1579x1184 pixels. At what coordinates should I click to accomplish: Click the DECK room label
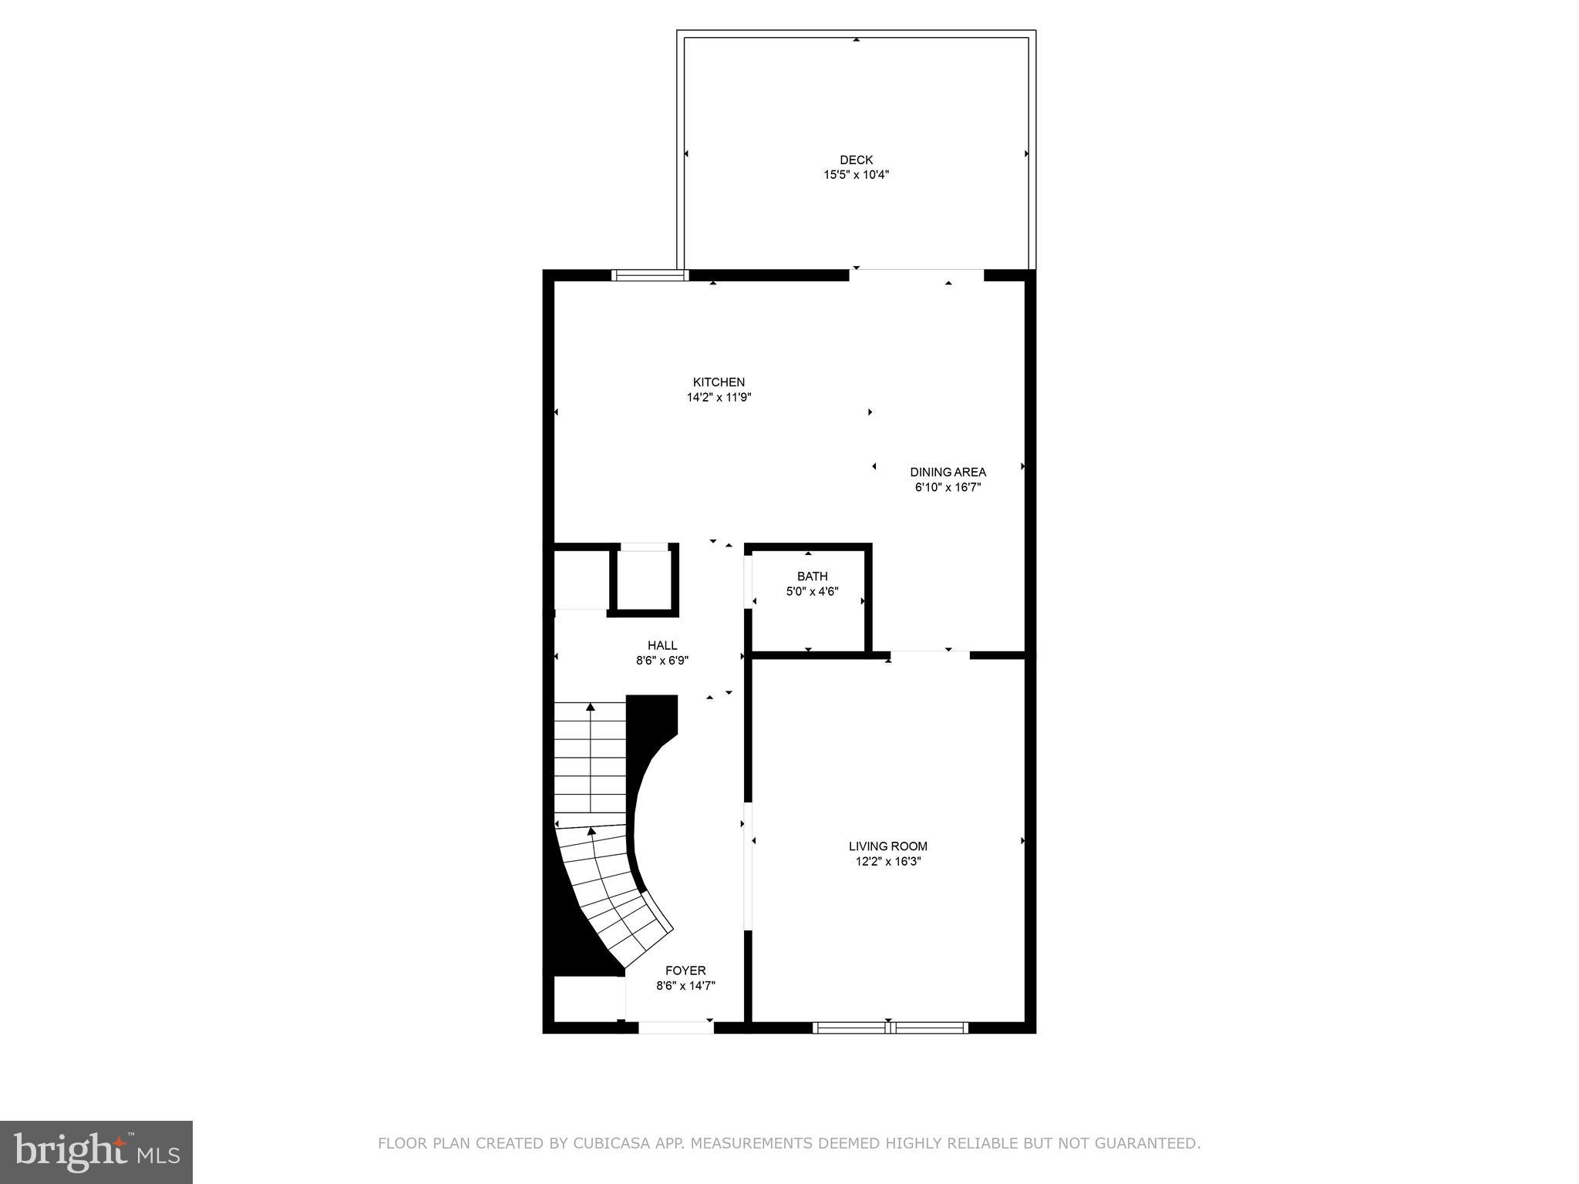coord(856,160)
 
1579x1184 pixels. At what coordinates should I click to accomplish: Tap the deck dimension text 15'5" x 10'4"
coord(856,175)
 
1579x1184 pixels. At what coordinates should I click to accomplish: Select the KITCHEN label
coord(719,382)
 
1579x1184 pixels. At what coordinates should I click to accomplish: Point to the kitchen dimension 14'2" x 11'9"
coord(719,398)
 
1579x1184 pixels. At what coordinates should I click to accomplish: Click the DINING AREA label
coord(948,473)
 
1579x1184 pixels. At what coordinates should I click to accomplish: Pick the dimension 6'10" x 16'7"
coord(948,487)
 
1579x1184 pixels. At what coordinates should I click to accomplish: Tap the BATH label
coord(812,577)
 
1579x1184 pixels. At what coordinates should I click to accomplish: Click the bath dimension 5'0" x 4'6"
coord(812,592)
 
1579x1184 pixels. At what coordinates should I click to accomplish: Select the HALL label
coord(662,646)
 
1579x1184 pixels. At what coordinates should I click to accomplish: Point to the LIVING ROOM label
coord(887,846)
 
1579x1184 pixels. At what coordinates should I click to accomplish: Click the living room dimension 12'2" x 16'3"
coord(887,862)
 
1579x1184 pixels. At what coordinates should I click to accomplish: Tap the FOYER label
coord(685,971)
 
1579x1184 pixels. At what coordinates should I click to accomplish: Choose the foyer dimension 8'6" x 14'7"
coord(685,986)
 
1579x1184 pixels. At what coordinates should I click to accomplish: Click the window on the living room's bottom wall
coord(890,1027)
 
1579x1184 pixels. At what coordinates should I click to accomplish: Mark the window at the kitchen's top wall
coord(648,274)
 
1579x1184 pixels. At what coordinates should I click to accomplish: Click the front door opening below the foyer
coord(675,1027)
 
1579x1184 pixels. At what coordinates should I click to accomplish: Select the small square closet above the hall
coord(645,580)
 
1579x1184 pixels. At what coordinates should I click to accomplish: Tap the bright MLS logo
coord(96,1152)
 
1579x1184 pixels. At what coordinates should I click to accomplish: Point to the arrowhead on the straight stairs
coord(591,706)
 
